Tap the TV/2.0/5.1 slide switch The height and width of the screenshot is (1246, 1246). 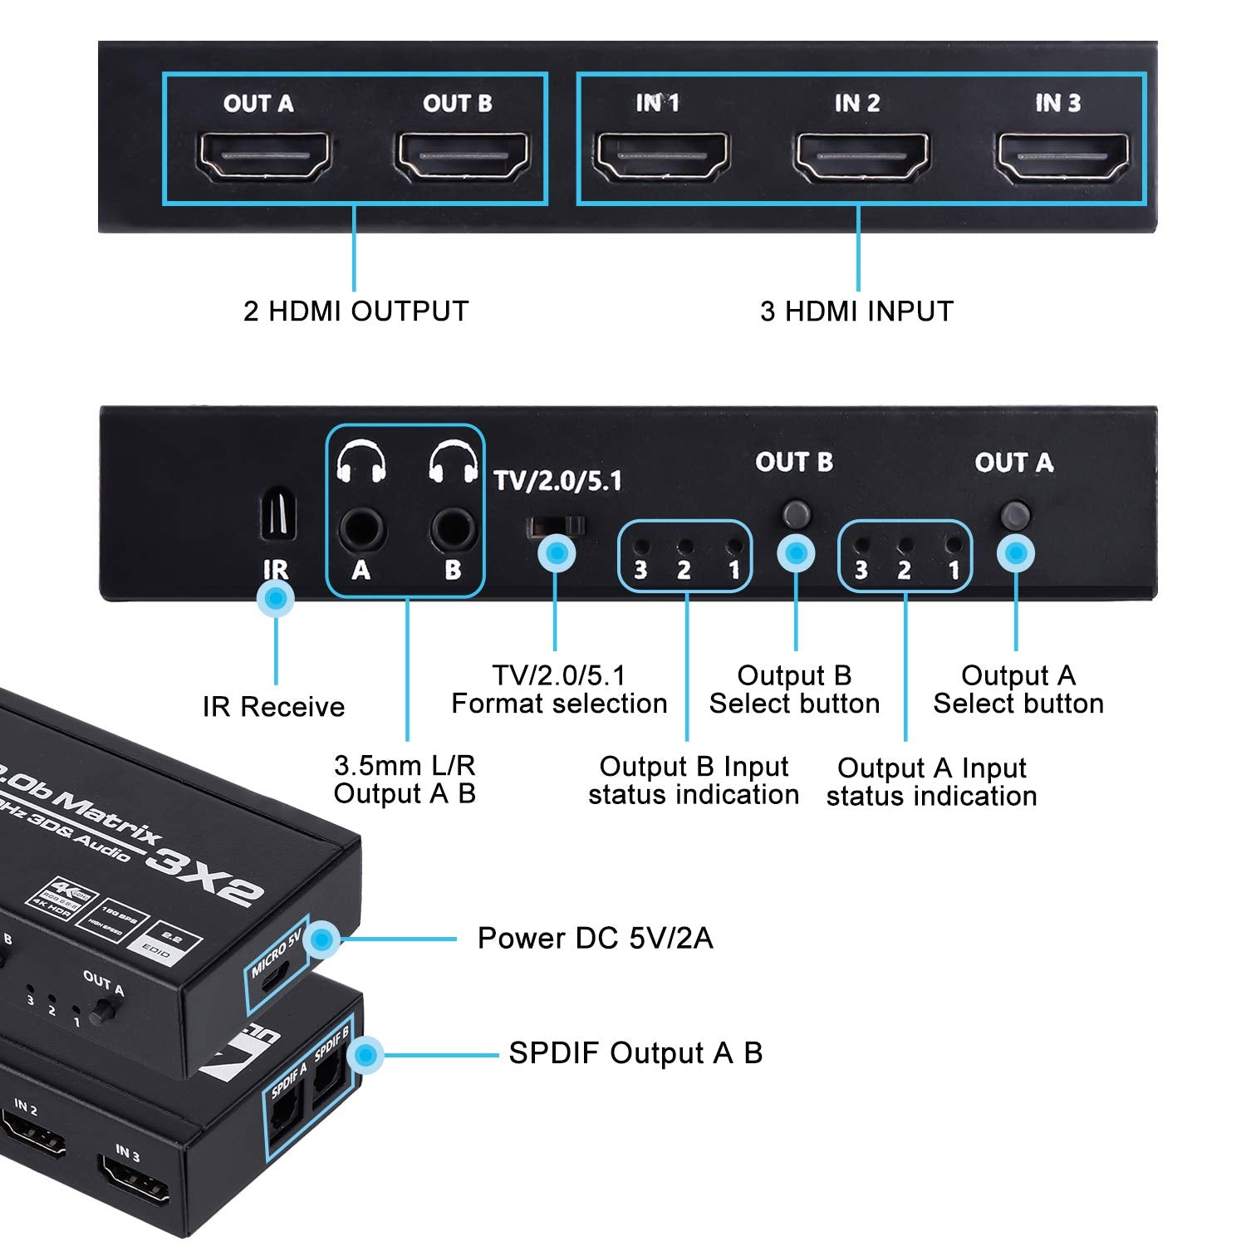pyautogui.click(x=557, y=526)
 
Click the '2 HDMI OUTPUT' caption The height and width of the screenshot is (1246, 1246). pyautogui.click(x=356, y=311)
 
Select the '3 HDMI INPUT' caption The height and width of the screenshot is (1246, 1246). pyautogui.click(x=856, y=311)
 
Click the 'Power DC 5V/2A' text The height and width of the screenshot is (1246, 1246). pyautogui.click(x=595, y=939)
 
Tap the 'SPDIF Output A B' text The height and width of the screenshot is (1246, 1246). pyautogui.click(x=635, y=1053)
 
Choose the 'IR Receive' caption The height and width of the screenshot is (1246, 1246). pyautogui.click(x=273, y=707)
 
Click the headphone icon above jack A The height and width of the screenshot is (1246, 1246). pyautogui.click(x=361, y=463)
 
